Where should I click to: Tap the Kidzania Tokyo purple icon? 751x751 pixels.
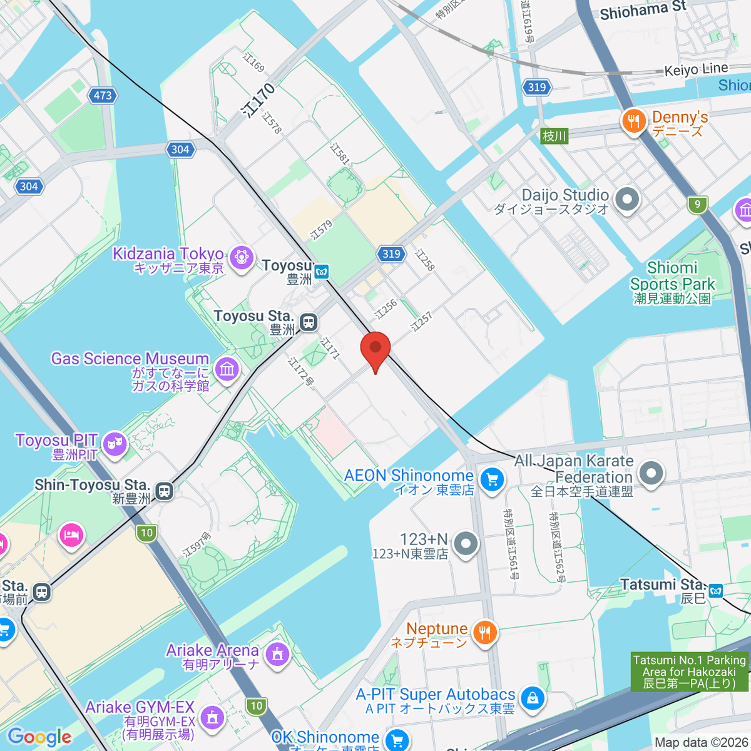(x=241, y=257)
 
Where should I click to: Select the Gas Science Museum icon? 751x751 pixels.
(x=227, y=369)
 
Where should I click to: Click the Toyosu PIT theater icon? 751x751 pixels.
(x=115, y=444)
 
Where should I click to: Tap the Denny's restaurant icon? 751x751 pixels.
(x=634, y=121)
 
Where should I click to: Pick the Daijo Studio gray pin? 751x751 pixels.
(x=626, y=200)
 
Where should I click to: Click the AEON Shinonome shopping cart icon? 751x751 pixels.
(x=491, y=481)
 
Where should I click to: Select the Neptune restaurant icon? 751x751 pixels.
(x=484, y=633)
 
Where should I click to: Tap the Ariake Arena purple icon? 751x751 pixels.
(x=277, y=655)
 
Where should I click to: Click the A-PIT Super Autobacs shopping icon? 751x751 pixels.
(x=532, y=698)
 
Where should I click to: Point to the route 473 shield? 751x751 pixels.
(x=103, y=96)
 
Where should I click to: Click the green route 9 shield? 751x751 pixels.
(x=697, y=204)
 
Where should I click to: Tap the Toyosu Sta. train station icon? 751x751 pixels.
(x=308, y=322)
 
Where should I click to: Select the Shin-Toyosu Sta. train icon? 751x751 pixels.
(x=164, y=491)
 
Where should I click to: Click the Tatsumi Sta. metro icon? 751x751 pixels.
(x=716, y=590)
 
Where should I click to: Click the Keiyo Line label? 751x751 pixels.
(x=696, y=69)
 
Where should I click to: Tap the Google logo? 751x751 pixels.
(x=39, y=737)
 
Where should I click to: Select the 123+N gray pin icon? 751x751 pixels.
(x=466, y=544)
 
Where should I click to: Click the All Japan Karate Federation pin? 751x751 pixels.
(x=651, y=473)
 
